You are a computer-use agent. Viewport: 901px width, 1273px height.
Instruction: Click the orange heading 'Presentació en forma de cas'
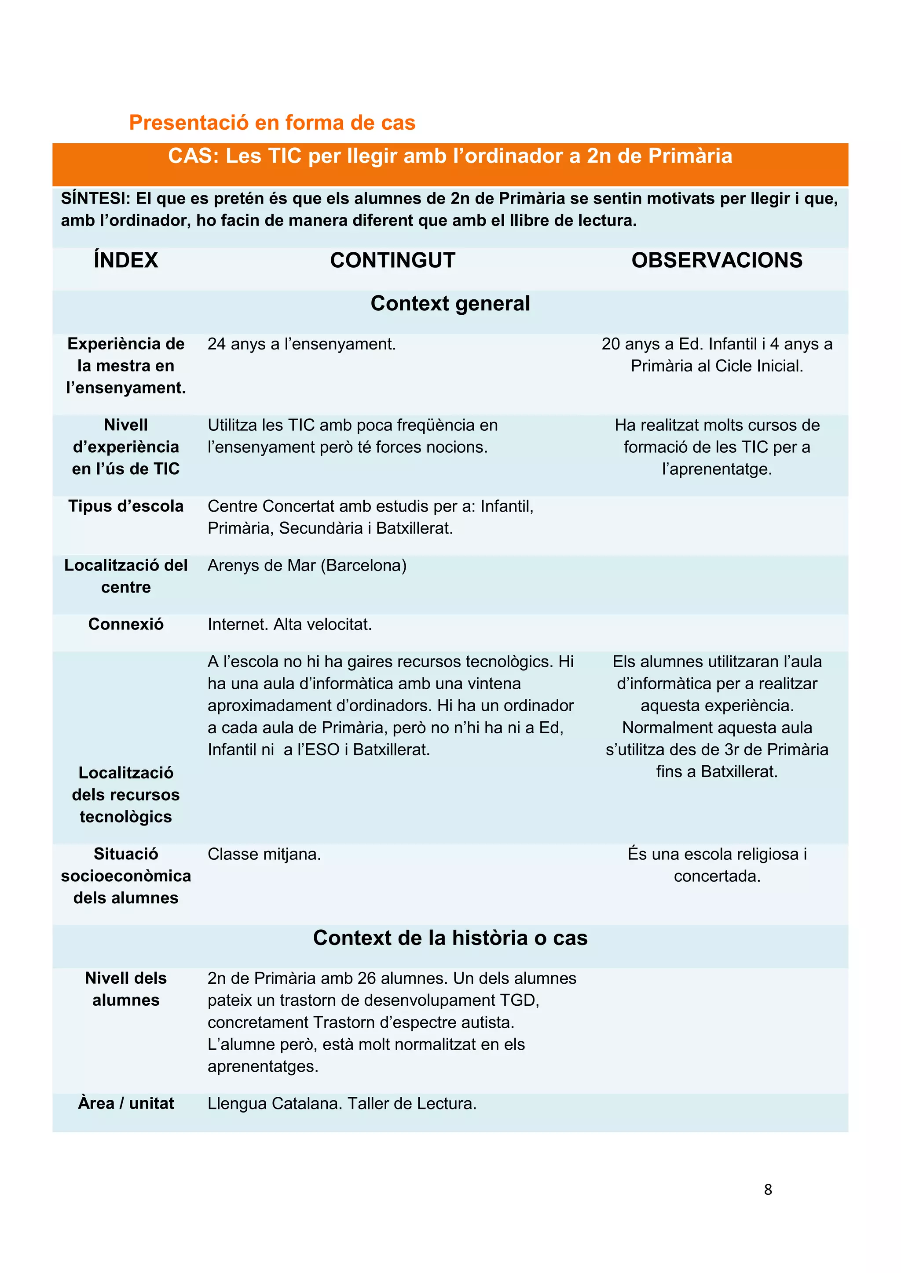[272, 123]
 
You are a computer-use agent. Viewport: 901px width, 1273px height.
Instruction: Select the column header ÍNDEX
[125, 260]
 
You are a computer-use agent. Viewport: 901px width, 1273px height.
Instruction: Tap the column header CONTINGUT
[392, 260]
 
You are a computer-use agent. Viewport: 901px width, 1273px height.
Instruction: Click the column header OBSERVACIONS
[716, 260]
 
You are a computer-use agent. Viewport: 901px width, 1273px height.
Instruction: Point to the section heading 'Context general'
[450, 303]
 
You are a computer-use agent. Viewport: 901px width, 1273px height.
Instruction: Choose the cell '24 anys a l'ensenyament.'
[301, 344]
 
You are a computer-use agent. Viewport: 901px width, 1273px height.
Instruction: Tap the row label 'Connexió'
[125, 624]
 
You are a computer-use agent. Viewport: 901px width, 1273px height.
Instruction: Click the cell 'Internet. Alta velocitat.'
[289, 624]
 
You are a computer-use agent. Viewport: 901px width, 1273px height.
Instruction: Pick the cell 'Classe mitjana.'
[264, 854]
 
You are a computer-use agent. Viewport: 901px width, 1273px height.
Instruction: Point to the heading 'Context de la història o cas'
[450, 938]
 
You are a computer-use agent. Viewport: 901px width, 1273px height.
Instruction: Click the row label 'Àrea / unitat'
[125, 1103]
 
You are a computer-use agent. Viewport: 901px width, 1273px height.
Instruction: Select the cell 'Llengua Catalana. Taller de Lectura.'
[342, 1103]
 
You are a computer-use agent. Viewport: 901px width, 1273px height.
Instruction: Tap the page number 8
[767, 1189]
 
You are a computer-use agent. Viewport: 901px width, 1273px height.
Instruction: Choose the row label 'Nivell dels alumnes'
[125, 989]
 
